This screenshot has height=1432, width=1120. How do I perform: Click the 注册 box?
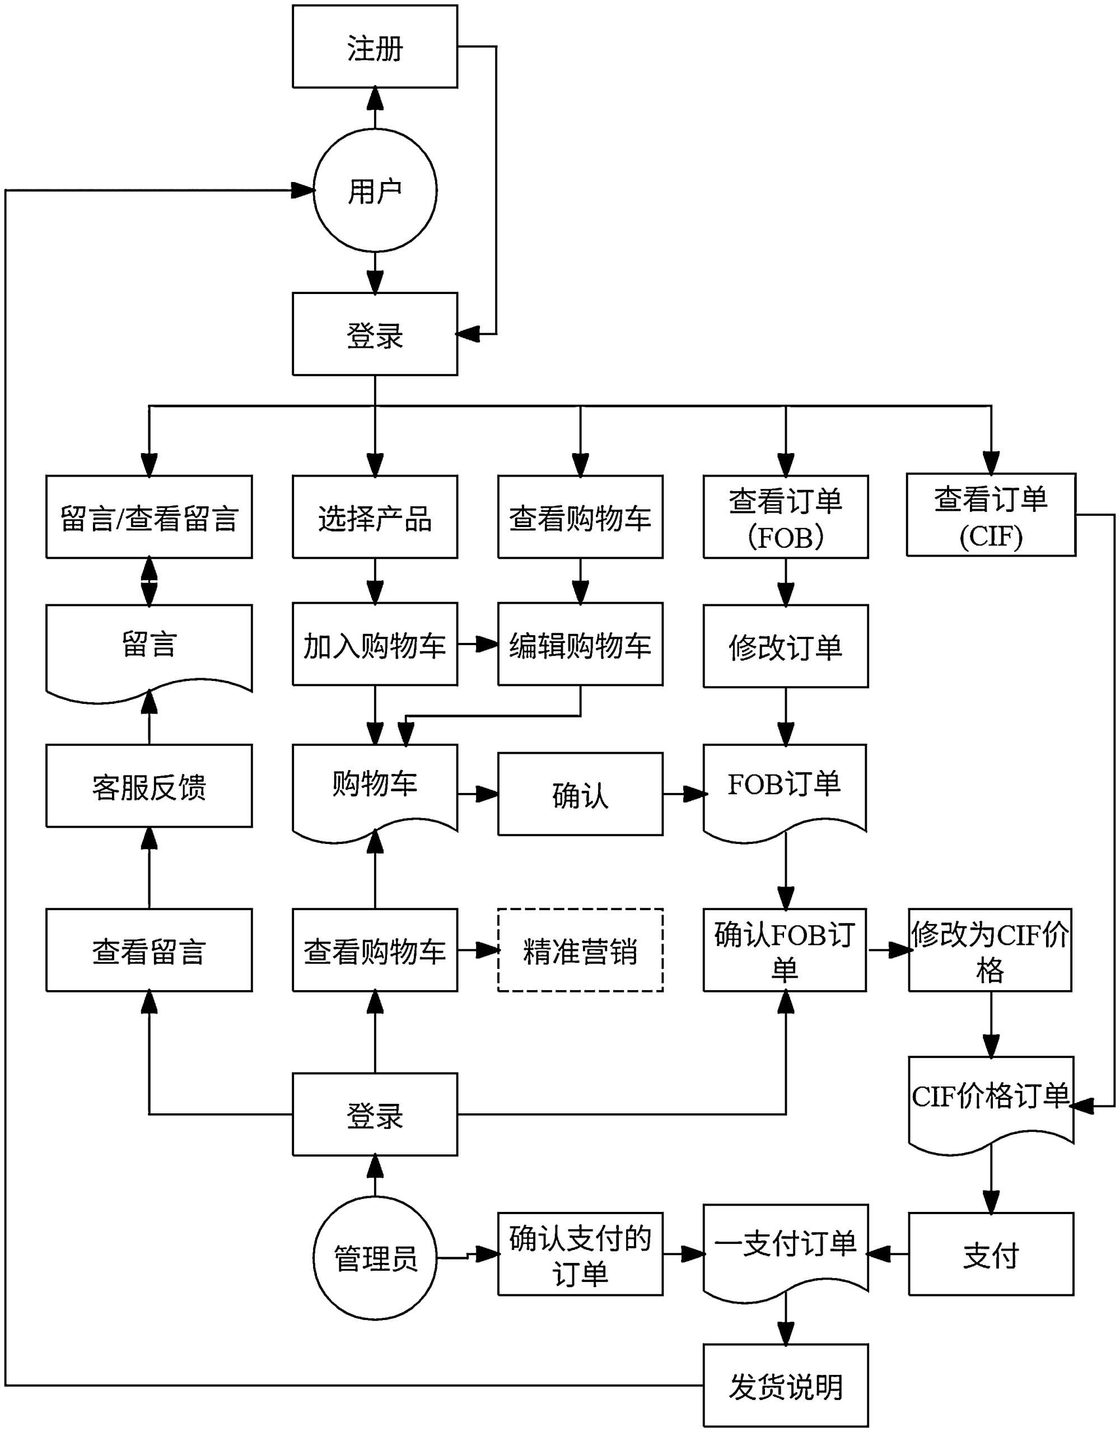375,46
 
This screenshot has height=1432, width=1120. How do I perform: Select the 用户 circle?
375,190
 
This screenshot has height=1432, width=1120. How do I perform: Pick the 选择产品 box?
375,517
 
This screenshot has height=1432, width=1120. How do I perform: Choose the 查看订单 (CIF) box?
990,515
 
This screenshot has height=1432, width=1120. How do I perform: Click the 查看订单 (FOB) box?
785,517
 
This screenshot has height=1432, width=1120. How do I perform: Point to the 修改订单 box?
785,646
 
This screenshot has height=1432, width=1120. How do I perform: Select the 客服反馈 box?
149,786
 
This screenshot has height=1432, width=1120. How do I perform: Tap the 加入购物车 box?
375,645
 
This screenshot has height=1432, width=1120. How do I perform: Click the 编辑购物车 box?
580,645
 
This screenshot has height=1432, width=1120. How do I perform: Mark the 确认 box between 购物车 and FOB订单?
580,794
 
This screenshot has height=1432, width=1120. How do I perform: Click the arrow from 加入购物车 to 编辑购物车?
477,645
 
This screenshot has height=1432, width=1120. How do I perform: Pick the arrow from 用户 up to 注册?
375,108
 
